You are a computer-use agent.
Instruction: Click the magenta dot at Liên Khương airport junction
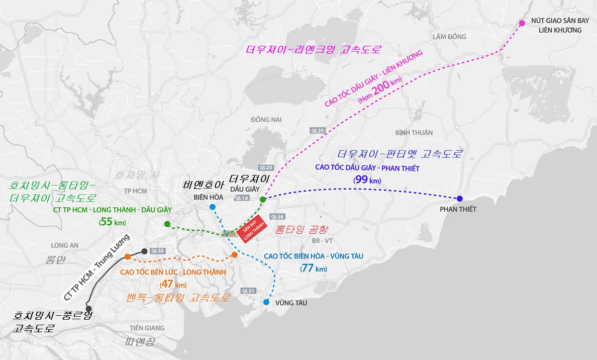tap(522, 23)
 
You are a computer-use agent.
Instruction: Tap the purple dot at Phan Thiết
tap(459, 199)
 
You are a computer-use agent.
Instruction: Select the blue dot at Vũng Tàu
tap(266, 302)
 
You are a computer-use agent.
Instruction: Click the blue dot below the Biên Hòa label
tap(212, 207)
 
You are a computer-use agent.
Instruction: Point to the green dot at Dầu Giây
tap(263, 199)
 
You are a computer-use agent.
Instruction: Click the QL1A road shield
tap(241, 198)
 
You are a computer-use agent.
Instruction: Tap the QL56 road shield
tap(277, 217)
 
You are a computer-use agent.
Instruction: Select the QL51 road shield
tap(248, 291)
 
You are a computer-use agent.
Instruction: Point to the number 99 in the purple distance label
tap(362, 180)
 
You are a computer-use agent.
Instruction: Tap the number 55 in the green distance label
tap(107, 222)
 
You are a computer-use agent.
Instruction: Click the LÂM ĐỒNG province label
tap(449, 37)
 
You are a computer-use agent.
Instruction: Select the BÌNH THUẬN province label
tap(414, 133)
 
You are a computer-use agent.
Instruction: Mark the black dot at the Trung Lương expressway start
tap(144, 251)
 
